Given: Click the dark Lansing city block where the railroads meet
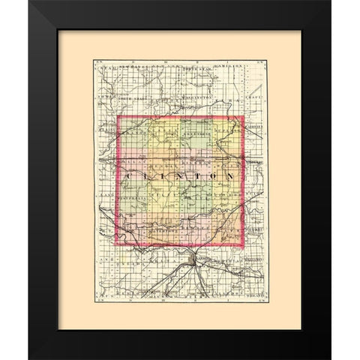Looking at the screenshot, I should (x=196, y=259).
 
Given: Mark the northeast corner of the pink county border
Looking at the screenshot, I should (x=244, y=117).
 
